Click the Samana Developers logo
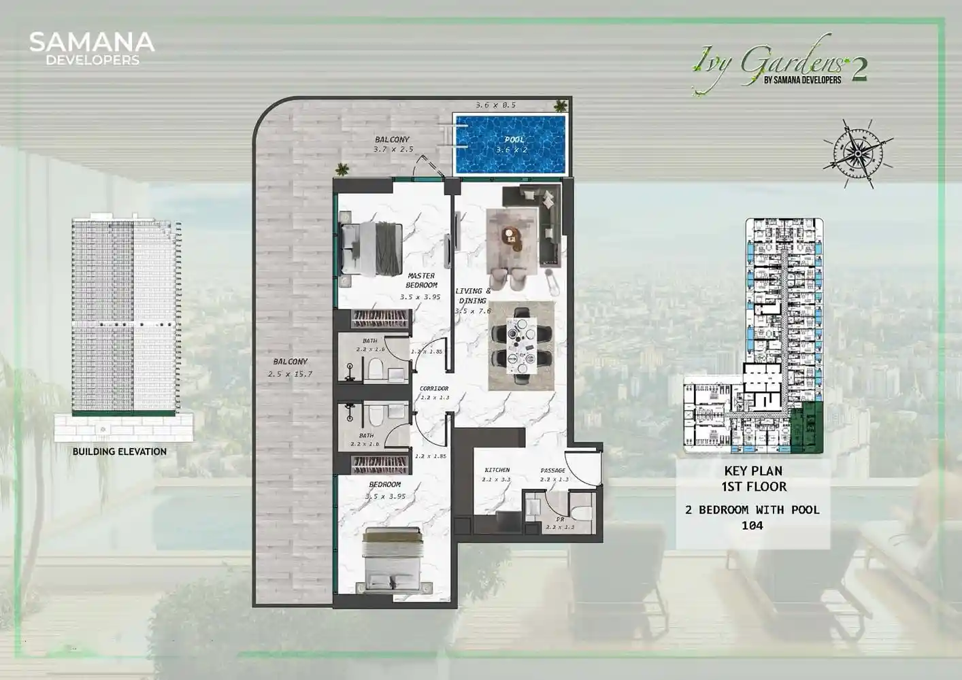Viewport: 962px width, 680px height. pyautogui.click(x=92, y=48)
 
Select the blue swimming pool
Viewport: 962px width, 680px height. pyautogui.click(x=510, y=144)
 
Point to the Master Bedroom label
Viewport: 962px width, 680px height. pyautogui.click(x=421, y=280)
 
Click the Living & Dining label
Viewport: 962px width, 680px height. pyautogui.click(x=473, y=296)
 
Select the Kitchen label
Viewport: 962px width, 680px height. pyautogui.click(x=497, y=470)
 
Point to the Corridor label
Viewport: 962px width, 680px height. pyautogui.click(x=434, y=388)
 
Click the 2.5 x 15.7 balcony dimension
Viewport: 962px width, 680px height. pyautogui.click(x=290, y=374)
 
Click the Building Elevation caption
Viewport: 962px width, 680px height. pyautogui.click(x=120, y=452)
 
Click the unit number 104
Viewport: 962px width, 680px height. pyautogui.click(x=752, y=526)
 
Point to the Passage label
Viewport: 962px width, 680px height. pyautogui.click(x=552, y=470)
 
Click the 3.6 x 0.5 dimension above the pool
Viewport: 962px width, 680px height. pyautogui.click(x=495, y=105)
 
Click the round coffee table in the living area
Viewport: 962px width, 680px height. pyautogui.click(x=509, y=235)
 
